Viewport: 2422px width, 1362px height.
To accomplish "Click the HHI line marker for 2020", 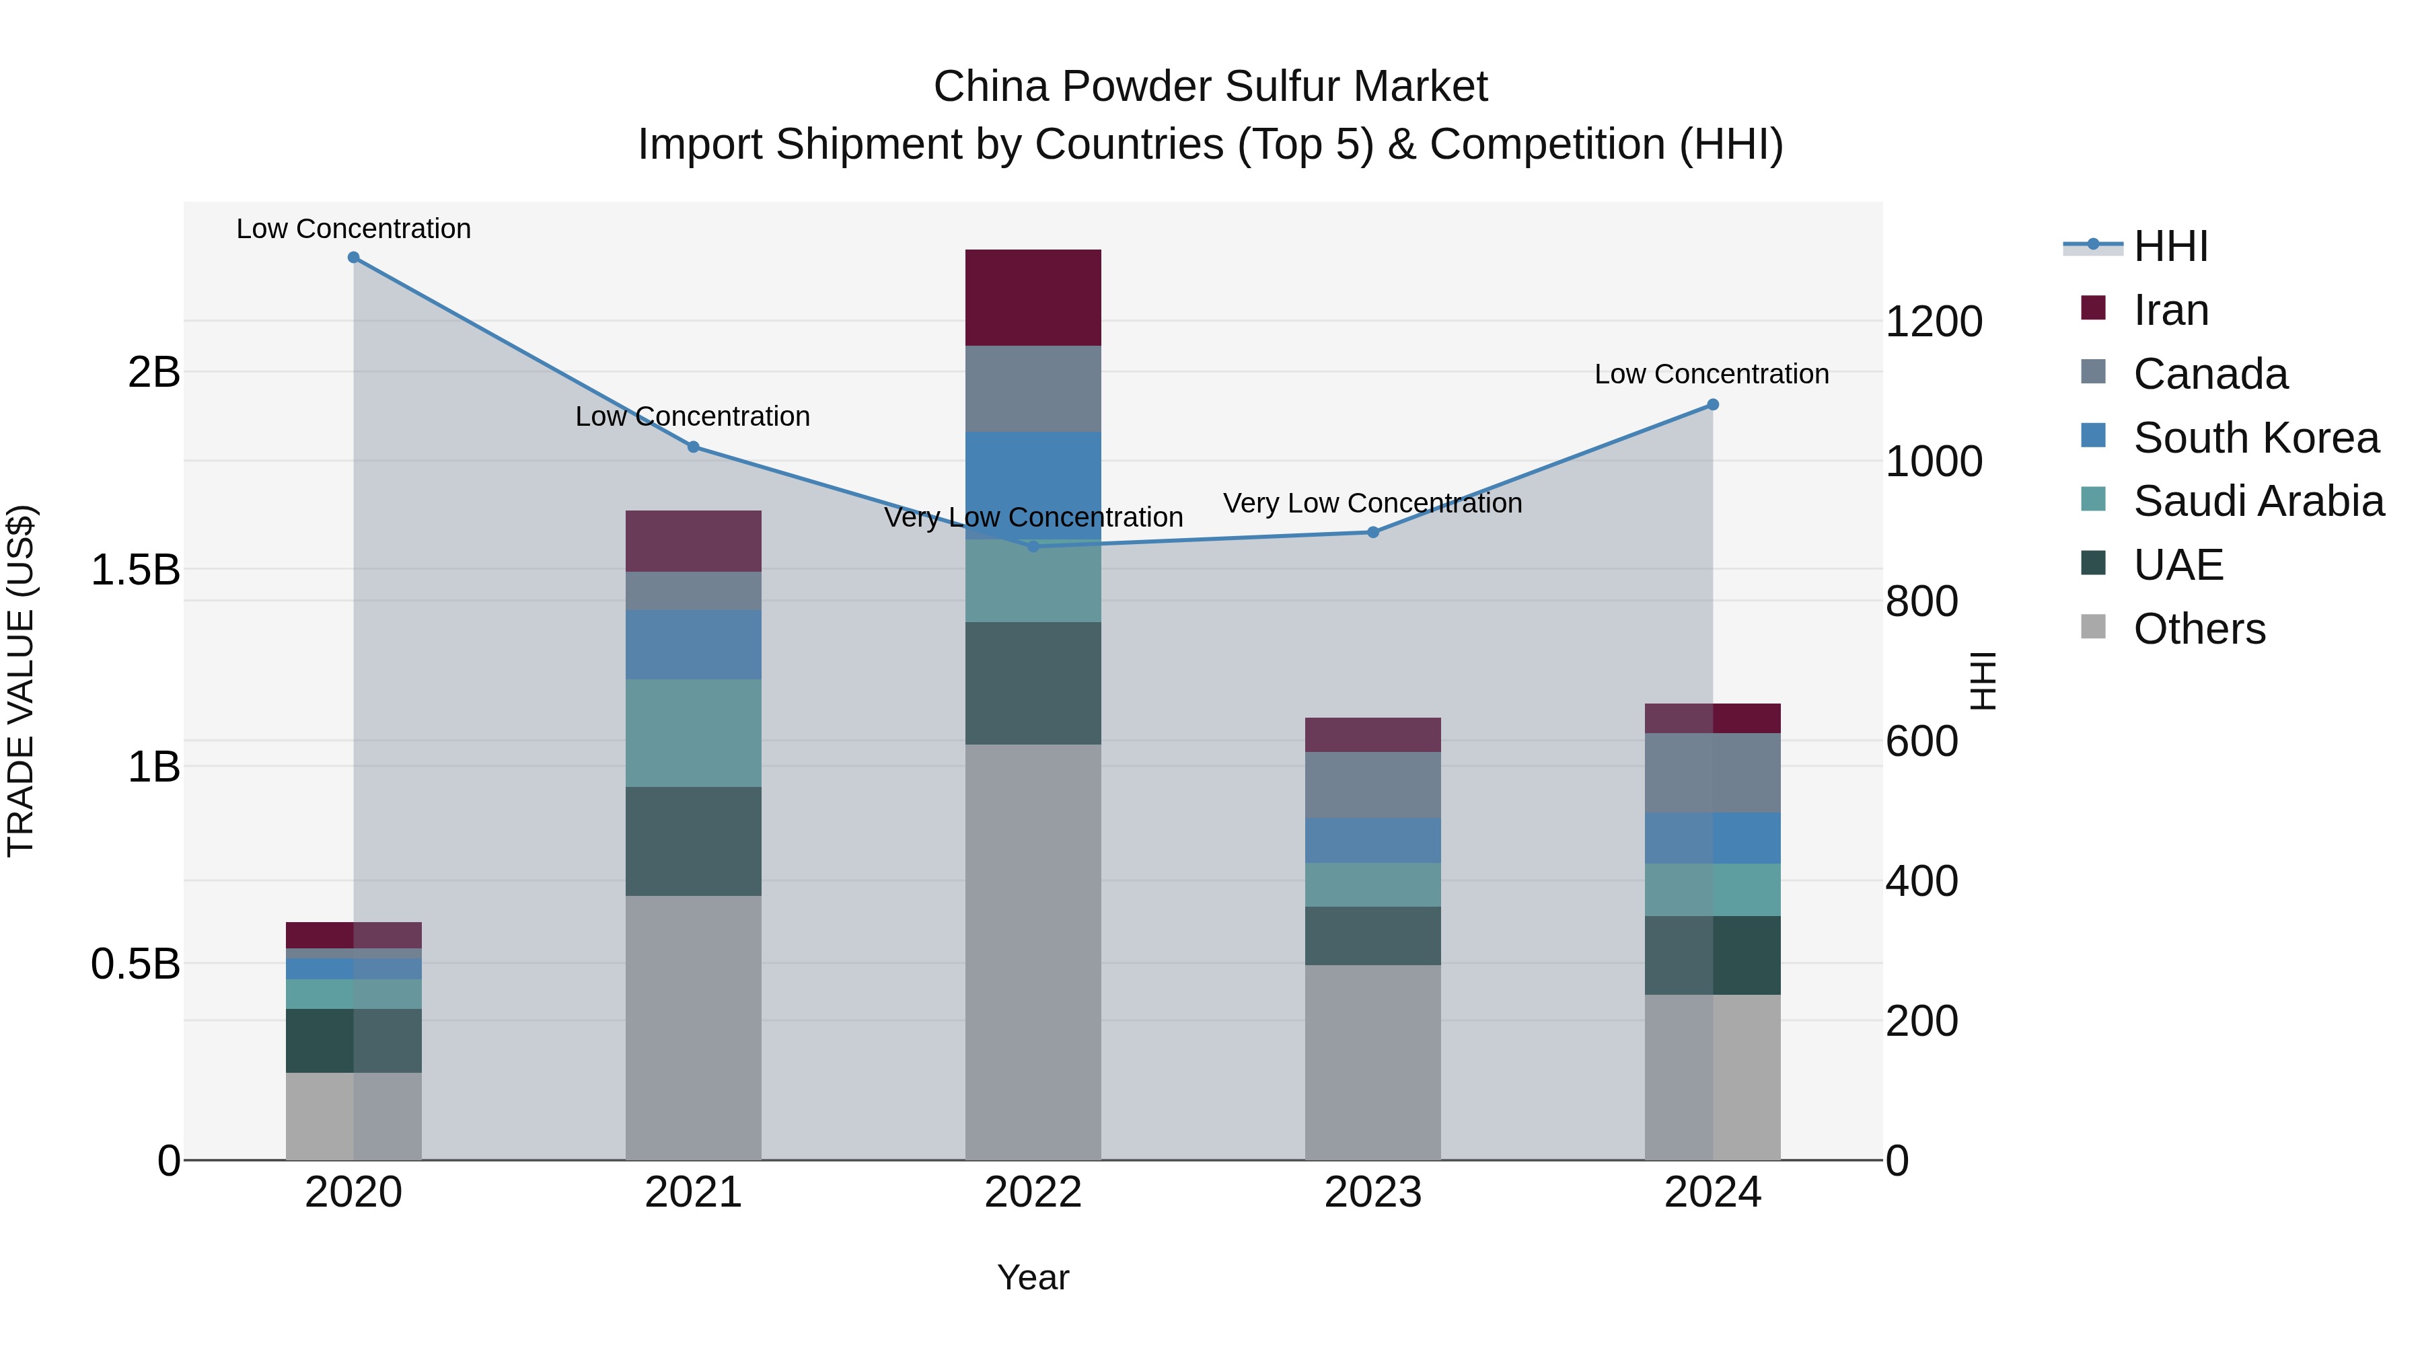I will point(353,258).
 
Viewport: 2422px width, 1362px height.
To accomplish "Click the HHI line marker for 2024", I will point(1712,405).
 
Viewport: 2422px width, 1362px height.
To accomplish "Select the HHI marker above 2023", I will point(1372,532).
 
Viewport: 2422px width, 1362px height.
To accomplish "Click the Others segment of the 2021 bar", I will point(693,1026).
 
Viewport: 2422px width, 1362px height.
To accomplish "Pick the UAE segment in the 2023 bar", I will point(1372,936).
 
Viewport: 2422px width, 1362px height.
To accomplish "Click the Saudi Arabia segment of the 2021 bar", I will point(693,732).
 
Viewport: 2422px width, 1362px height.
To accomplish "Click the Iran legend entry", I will point(2170,310).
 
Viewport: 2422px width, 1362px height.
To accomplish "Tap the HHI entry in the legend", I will point(2170,246).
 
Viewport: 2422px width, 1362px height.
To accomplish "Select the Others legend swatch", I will point(2094,627).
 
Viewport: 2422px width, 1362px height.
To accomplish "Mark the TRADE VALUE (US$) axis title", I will point(21,681).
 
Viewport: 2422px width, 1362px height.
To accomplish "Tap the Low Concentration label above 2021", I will point(692,416).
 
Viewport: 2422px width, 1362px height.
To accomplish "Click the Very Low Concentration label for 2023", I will point(1372,503).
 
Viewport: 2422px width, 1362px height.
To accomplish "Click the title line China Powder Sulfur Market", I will point(1210,87).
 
